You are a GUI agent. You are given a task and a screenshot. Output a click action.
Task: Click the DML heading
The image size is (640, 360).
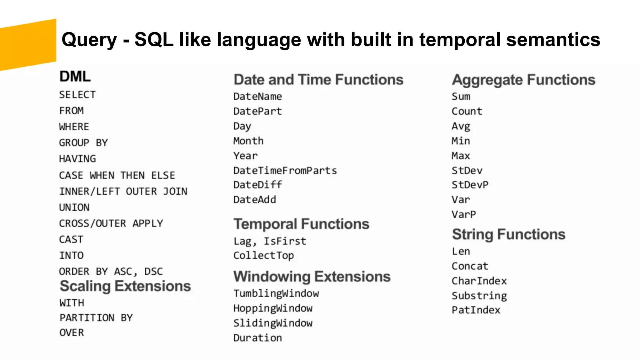click(75, 77)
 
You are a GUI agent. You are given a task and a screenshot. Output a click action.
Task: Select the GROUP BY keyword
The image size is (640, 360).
click(83, 143)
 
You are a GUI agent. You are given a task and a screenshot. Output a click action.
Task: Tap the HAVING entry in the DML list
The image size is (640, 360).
click(77, 159)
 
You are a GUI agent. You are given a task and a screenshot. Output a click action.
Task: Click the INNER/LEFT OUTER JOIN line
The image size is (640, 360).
click(123, 191)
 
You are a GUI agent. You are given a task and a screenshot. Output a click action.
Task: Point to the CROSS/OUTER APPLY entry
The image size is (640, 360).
click(111, 223)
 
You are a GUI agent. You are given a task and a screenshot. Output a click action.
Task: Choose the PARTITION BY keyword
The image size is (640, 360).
click(96, 318)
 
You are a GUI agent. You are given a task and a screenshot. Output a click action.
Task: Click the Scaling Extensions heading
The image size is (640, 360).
click(125, 286)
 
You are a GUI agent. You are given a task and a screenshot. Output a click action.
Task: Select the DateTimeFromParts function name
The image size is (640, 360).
click(285, 171)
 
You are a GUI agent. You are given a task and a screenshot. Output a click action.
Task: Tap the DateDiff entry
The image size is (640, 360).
click(257, 185)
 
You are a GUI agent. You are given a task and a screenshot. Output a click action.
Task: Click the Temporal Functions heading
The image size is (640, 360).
click(301, 224)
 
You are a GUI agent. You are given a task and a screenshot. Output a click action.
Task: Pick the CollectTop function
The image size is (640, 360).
click(263, 256)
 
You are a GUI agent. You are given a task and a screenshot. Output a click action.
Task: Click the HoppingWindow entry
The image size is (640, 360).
click(273, 308)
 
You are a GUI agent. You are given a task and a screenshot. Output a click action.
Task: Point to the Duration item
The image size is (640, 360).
click(257, 338)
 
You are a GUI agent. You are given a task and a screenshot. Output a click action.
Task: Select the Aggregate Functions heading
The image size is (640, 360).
click(523, 80)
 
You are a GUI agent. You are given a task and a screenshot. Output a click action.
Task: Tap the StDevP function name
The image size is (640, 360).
click(470, 185)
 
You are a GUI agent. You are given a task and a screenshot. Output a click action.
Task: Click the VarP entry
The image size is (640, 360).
click(464, 215)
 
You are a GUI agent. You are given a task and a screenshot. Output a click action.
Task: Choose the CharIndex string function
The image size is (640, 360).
click(479, 281)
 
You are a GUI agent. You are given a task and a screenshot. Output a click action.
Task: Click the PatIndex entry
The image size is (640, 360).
click(476, 310)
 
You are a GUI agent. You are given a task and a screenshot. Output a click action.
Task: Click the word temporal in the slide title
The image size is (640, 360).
click(460, 40)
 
